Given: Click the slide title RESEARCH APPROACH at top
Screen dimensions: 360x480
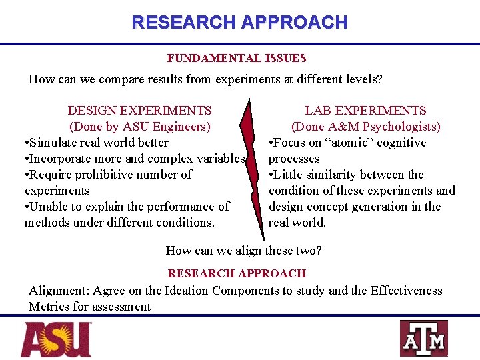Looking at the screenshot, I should click(239, 22).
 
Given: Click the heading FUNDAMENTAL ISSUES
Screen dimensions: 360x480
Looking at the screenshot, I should click(237, 59).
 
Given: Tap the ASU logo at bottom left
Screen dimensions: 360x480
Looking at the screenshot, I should click(56, 339).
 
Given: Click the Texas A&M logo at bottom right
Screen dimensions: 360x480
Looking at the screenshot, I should click(423, 339).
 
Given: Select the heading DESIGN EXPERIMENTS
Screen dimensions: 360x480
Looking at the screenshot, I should click(140, 111).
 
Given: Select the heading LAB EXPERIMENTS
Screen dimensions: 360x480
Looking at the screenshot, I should click(365, 111).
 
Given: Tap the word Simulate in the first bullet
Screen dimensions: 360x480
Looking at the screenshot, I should click(53, 143).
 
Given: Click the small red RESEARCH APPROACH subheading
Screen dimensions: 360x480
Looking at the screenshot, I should click(237, 273).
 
